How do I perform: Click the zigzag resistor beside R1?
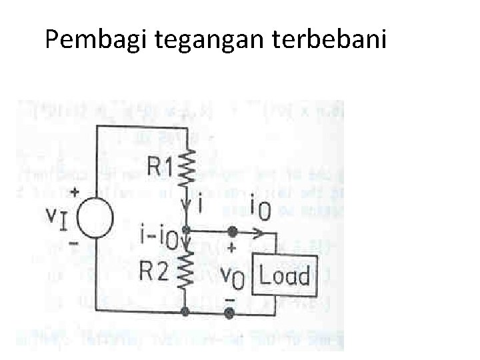[x=187, y=170]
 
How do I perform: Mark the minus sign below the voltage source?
[x=73, y=245]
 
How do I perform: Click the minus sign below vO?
[x=230, y=299]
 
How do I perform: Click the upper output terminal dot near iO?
[x=231, y=232]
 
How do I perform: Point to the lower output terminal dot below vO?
[x=231, y=311]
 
